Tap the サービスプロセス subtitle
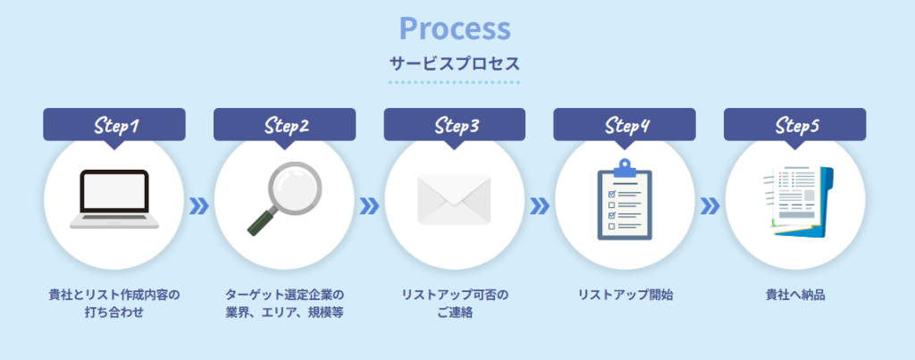pyautogui.click(x=455, y=64)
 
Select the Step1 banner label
pyautogui.click(x=114, y=124)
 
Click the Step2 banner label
pyautogui.click(x=285, y=124)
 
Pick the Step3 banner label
pyautogui.click(x=455, y=124)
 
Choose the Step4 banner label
pyautogui.click(x=625, y=124)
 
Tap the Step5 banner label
pyautogui.click(x=794, y=124)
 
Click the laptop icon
pyautogui.click(x=114, y=199)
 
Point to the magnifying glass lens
pyautogui.click(x=295, y=189)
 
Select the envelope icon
pyautogui.click(x=455, y=199)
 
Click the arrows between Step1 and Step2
pyautogui.click(x=199, y=206)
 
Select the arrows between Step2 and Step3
pyautogui.click(x=369, y=206)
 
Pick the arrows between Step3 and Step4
pyautogui.click(x=540, y=206)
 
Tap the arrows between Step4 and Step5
pyautogui.click(x=709, y=206)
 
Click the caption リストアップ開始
pyautogui.click(x=625, y=295)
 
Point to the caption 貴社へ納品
pyautogui.click(x=794, y=295)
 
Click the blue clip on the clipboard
pyautogui.click(x=625, y=168)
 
